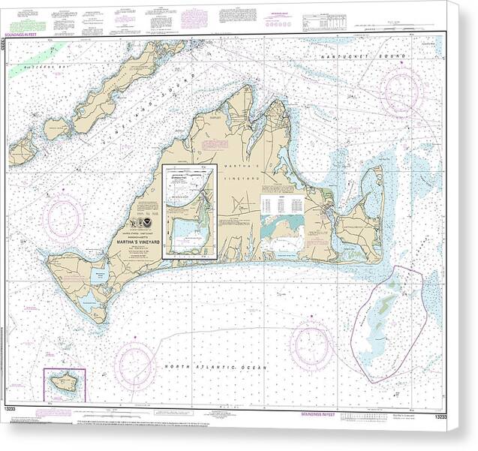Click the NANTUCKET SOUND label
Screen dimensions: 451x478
(362, 57)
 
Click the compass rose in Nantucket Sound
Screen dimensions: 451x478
(402, 91)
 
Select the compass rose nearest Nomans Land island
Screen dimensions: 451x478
(135, 365)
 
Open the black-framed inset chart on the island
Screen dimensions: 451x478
(190, 212)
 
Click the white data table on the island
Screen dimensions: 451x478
(281, 205)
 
